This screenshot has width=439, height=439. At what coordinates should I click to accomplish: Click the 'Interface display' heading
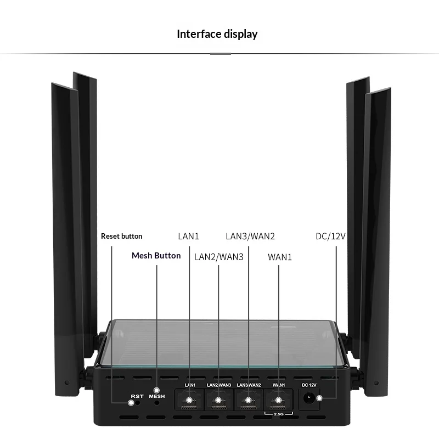point(217,34)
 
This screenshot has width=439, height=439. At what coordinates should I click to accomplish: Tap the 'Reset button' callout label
point(121,237)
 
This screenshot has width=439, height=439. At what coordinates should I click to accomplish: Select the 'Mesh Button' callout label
point(156,256)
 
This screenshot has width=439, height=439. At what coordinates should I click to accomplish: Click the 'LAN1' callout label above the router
point(188,237)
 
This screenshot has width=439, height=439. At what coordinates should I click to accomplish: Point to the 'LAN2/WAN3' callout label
point(219,257)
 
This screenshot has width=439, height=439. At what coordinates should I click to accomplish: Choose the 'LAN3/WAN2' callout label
point(250,237)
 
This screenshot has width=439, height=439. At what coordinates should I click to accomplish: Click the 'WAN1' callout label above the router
point(280,257)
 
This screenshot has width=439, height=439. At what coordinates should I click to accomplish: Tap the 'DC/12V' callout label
point(331,237)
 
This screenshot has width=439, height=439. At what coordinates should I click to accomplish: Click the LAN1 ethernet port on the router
point(189,400)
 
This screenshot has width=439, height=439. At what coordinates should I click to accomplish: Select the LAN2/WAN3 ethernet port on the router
point(219,400)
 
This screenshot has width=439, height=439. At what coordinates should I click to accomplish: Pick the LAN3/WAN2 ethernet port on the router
point(249,400)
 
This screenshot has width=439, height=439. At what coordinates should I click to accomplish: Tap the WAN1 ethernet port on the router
point(278,400)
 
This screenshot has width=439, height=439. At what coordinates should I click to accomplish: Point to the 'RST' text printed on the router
point(137,396)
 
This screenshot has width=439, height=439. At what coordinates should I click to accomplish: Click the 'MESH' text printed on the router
point(157,396)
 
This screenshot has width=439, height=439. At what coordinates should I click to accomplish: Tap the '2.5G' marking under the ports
point(279,414)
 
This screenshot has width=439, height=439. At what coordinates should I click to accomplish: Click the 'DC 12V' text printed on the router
point(309,385)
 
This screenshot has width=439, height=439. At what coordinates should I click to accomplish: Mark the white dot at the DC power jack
point(319,398)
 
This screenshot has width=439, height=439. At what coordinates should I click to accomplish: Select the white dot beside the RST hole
point(131,403)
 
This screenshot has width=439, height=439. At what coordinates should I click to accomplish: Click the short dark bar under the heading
point(221,54)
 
